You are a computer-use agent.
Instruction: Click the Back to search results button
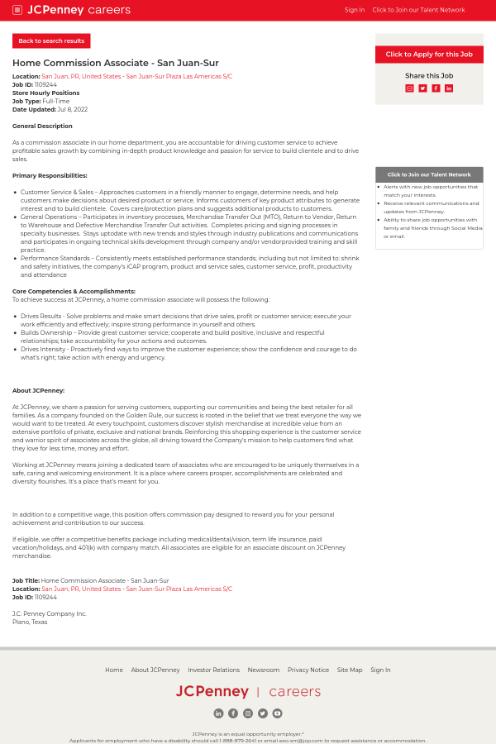pyautogui.click(x=51, y=41)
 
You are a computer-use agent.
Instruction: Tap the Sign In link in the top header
pyautogui.click(x=354, y=10)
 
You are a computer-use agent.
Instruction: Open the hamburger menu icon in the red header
pyautogui.click(x=17, y=10)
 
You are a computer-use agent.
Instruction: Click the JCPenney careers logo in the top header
pyautogui.click(x=79, y=10)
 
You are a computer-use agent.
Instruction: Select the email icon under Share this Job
pyautogui.click(x=409, y=88)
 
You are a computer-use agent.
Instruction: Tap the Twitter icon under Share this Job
pyautogui.click(x=422, y=88)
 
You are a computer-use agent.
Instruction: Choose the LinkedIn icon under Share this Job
pyautogui.click(x=449, y=88)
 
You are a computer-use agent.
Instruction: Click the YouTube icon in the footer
pyautogui.click(x=277, y=713)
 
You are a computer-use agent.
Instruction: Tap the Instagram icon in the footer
pyautogui.click(x=248, y=713)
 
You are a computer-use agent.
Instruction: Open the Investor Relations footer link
pyautogui.click(x=213, y=670)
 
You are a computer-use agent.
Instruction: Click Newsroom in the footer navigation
pyautogui.click(x=264, y=670)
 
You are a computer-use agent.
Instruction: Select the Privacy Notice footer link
pyautogui.click(x=308, y=670)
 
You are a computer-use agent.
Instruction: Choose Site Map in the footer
pyautogui.click(x=350, y=670)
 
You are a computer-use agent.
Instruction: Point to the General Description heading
pyautogui.click(x=42, y=126)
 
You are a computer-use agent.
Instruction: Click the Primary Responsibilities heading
pyautogui.click(x=50, y=175)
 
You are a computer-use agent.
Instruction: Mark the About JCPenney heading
pyautogui.click(x=38, y=390)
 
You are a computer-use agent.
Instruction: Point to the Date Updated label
pyautogui.click(x=34, y=109)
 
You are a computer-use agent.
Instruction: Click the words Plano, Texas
pyautogui.click(x=30, y=622)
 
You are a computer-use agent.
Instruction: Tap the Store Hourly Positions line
pyautogui.click(x=45, y=93)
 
